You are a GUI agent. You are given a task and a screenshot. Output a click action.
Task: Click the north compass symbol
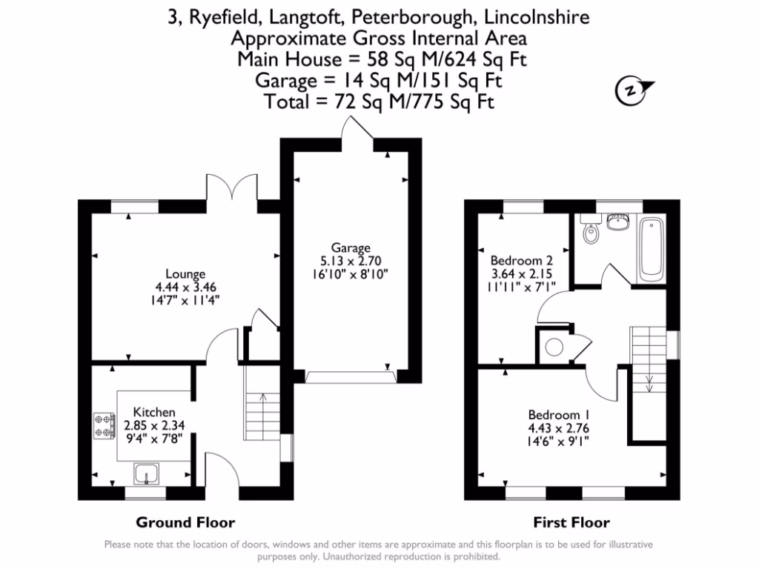coord(632,90)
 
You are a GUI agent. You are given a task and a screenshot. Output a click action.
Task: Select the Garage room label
coord(350,247)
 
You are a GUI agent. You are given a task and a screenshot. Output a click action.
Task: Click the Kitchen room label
coord(154,412)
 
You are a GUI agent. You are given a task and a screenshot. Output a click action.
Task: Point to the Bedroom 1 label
coord(559,415)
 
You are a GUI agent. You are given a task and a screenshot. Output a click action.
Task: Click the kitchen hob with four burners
coord(104,425)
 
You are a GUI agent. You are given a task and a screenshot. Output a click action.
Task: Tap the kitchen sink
coord(144,471)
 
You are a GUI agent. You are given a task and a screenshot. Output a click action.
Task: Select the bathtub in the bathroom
coord(652,247)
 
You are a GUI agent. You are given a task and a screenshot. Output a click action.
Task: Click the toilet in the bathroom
coord(591,232)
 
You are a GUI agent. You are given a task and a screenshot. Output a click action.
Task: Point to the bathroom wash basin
coord(617,221)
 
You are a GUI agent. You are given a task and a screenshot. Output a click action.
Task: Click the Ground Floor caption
coord(185,522)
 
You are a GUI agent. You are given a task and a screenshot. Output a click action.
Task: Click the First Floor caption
coord(571,522)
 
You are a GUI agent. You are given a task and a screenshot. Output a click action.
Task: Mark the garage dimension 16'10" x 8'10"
coord(350,273)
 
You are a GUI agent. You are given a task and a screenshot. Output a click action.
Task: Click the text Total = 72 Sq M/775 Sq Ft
coord(379,102)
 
